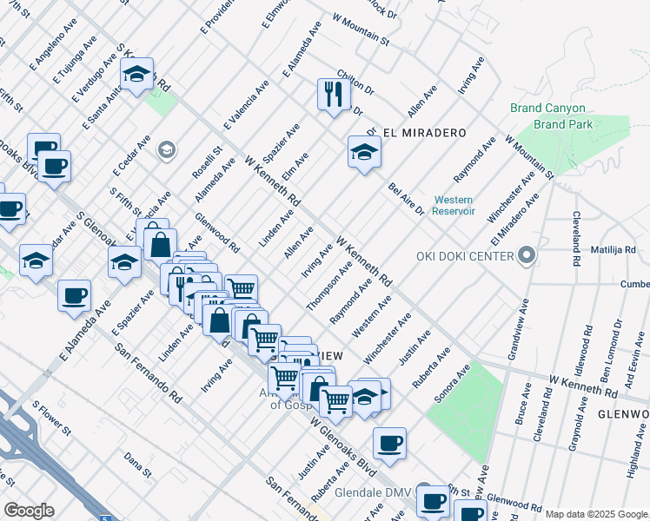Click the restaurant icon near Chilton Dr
(335, 94)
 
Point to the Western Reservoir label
(454, 205)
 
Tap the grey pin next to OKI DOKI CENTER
(527, 255)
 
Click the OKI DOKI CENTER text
(468, 255)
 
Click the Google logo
(29, 510)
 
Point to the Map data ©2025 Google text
(595, 514)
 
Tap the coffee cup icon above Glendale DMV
(389, 444)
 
